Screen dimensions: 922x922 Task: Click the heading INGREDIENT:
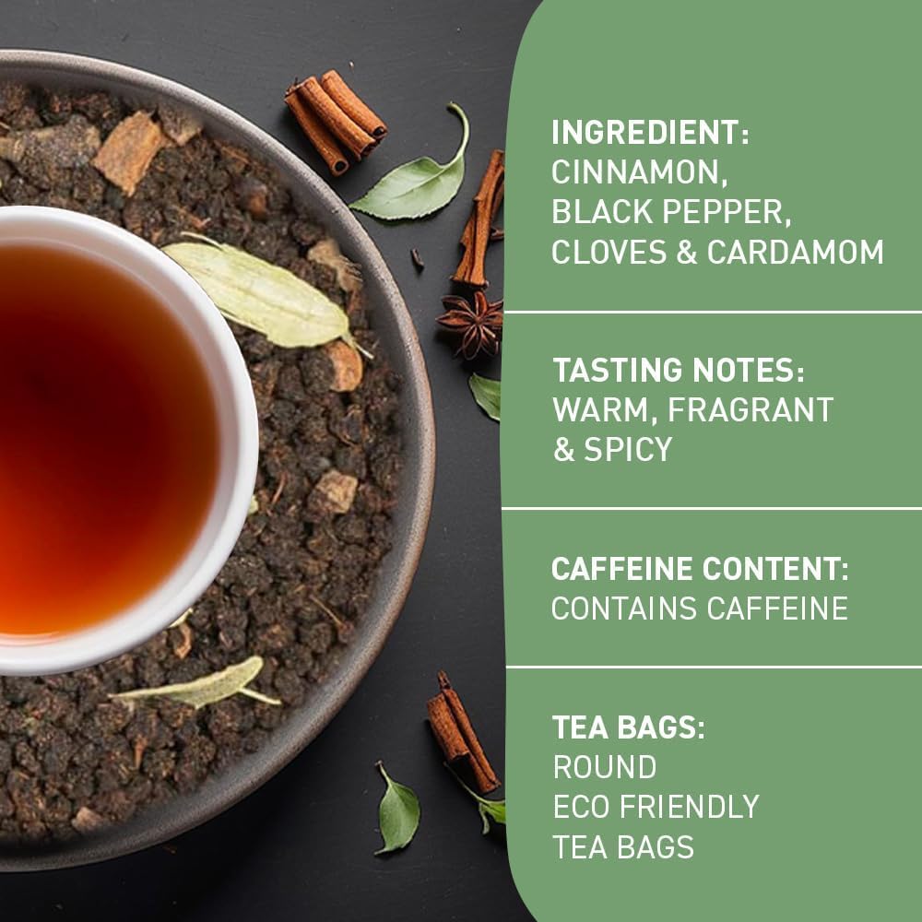click(650, 132)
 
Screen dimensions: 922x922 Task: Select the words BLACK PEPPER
click(671, 212)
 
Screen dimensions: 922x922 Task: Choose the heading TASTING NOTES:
click(678, 371)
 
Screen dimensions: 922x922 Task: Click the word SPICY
click(627, 450)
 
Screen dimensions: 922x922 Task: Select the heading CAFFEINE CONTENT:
click(700, 569)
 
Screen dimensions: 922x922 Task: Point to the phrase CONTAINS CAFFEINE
click(699, 609)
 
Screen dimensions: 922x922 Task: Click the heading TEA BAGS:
click(629, 727)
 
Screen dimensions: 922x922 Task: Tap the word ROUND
click(605, 767)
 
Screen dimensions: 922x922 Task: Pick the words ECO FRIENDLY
click(656, 807)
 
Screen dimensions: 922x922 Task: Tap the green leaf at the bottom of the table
click(398, 810)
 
